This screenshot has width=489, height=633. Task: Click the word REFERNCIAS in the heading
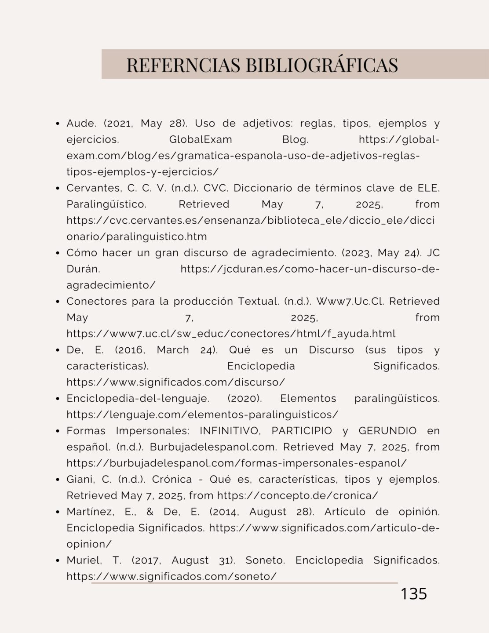183,65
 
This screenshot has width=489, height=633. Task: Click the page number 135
414,593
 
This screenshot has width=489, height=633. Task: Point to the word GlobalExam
201,140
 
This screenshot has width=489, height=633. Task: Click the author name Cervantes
95,188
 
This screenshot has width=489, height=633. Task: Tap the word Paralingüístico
106,204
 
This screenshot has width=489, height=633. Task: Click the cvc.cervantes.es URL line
250,221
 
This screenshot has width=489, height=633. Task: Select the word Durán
83,269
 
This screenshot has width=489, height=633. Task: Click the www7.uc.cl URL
231,334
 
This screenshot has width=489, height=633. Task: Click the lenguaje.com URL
202,415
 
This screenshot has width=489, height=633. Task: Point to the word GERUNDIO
387,431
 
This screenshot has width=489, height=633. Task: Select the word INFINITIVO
232,431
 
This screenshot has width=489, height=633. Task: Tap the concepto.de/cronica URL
297,495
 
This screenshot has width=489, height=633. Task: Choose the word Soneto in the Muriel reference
265,560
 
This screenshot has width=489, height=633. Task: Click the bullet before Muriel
58,560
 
